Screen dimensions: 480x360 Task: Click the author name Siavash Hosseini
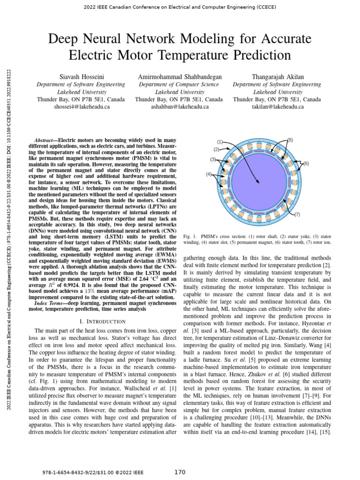(81, 76)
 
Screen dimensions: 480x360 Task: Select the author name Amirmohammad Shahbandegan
(180, 76)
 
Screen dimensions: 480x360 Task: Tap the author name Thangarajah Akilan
(277, 76)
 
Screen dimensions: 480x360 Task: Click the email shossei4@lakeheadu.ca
(81, 107)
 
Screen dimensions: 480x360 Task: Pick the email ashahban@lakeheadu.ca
(180, 107)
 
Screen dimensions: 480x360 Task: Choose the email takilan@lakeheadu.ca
(277, 107)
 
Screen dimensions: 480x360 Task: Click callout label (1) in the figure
(219, 142)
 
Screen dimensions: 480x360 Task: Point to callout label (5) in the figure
(290, 140)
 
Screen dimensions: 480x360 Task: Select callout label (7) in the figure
(297, 214)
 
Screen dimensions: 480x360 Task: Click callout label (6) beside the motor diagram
(306, 163)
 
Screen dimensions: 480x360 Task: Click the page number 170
(180, 472)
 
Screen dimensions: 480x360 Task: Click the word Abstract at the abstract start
(45, 140)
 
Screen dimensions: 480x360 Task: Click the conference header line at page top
(180, 8)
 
